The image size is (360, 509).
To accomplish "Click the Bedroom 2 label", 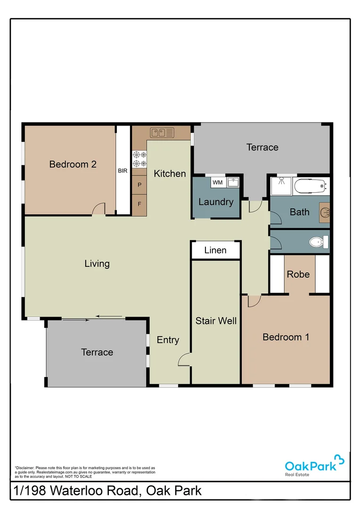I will click(73, 164).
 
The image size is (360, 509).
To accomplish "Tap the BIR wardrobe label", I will click(123, 171).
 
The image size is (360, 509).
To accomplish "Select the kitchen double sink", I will click(162, 133).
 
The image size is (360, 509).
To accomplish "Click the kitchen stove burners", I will click(139, 159).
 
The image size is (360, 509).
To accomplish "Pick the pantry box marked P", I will click(139, 185).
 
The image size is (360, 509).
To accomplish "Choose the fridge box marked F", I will click(139, 205).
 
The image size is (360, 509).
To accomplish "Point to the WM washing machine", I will click(217, 182).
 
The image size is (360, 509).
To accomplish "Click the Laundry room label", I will click(216, 202).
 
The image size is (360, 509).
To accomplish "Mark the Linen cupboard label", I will click(215, 250).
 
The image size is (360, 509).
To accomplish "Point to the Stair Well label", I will click(216, 321).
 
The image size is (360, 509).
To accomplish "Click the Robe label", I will click(298, 274).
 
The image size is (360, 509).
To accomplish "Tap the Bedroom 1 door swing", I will click(254, 301).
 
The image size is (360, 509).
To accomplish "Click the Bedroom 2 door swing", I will click(99, 209).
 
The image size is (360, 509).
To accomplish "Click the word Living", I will click(97, 263).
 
